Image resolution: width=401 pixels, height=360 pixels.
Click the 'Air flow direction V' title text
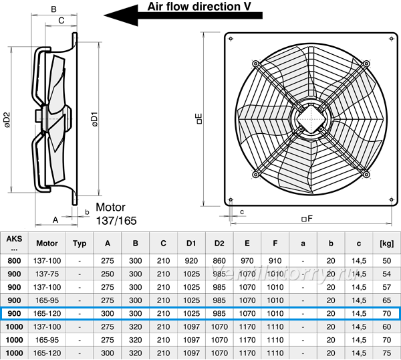tap(199, 7)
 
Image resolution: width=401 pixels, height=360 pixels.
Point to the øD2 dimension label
tap(7, 120)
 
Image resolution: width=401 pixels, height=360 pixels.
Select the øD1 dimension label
tap(95, 119)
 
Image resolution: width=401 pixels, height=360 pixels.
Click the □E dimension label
tap(199, 119)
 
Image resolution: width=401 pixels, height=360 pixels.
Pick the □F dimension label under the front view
tap(307, 218)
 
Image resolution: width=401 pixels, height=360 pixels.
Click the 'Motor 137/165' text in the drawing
tap(116, 214)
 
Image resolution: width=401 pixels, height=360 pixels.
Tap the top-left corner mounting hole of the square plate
tap(231, 39)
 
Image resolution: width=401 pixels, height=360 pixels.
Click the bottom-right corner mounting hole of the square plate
tap(391, 199)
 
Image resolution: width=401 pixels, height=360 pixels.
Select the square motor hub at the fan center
tap(311, 119)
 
